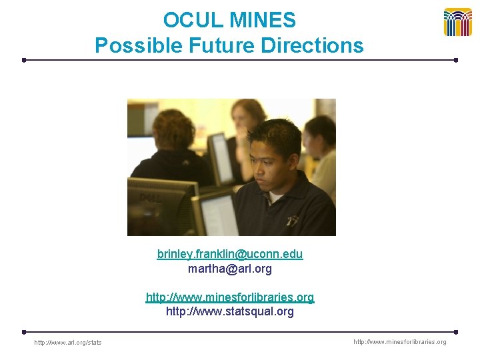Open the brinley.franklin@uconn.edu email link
pos(230,254)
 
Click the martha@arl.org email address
pos(230,269)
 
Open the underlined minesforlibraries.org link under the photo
pos(230,297)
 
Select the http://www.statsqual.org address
pos(230,311)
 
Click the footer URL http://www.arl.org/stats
pos(68,343)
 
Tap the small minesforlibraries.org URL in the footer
pos(399,342)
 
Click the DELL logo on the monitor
pos(147,198)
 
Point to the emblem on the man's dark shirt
pos(292,220)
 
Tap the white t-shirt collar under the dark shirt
pos(275,197)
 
